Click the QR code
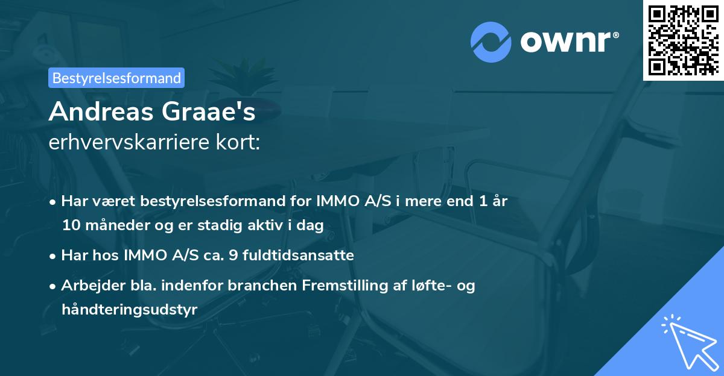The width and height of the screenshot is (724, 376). click(683, 40)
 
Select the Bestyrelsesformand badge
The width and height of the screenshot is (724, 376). click(116, 78)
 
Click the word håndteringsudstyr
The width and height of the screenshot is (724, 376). click(129, 310)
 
